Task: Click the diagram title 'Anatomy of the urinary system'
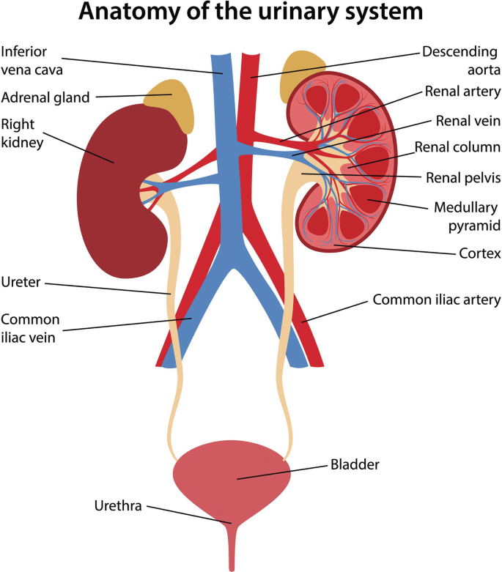pos(251,13)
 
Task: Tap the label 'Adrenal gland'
pos(45,97)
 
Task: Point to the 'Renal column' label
pos(457,147)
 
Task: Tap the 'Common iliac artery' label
pos(436,300)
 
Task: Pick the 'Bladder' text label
pos(355,464)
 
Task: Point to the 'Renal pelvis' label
pos(462,177)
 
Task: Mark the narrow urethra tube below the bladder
pos(232,546)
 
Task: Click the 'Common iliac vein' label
pos(30,328)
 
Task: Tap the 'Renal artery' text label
pos(462,92)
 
